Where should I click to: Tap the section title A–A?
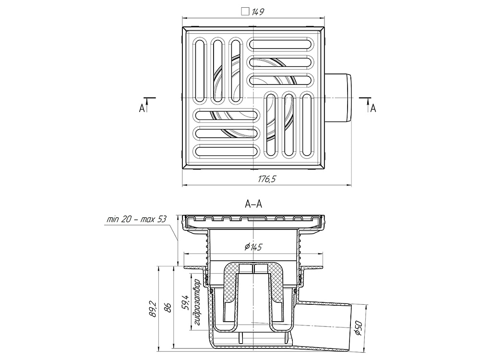click(253, 204)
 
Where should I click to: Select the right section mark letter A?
click(373, 108)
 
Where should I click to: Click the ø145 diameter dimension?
click(253, 247)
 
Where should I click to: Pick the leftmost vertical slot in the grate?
click(200, 71)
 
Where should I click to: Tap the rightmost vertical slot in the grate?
click(307, 125)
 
